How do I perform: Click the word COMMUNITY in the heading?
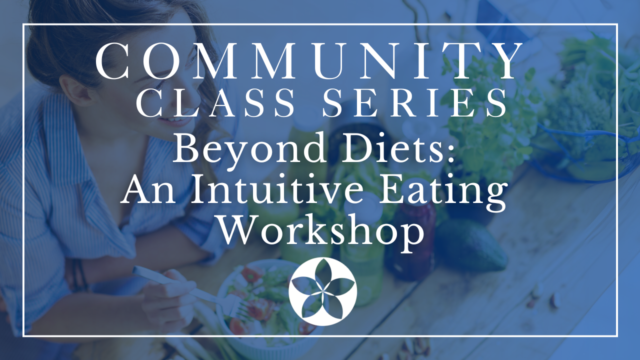click(x=309, y=62)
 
